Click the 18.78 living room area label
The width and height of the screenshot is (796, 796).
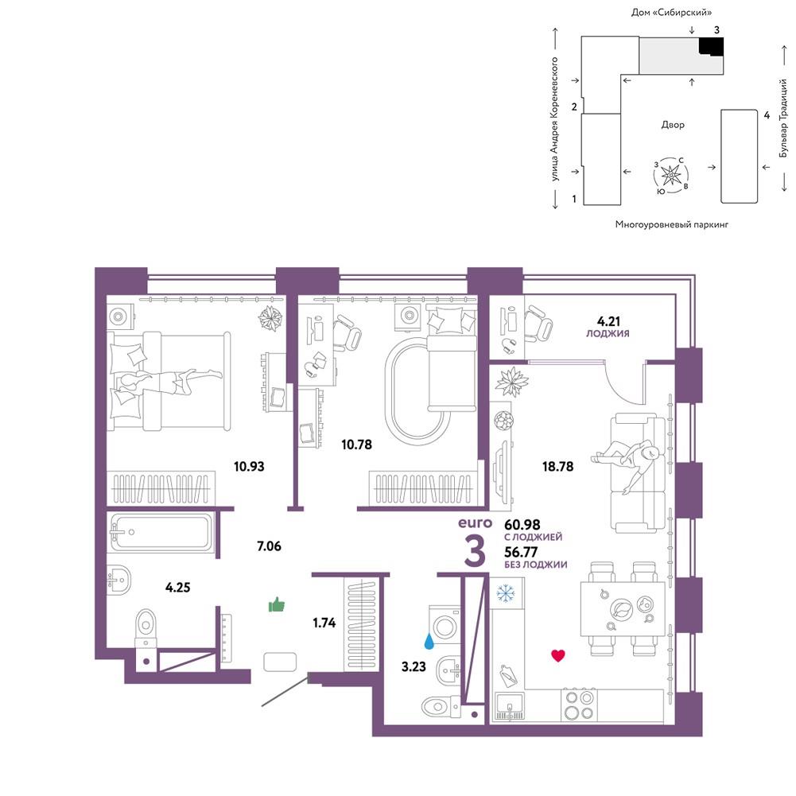(557, 466)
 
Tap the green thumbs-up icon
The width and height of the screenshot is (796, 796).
(277, 604)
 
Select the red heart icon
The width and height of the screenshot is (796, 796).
(558, 655)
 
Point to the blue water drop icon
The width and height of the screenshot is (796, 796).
(429, 641)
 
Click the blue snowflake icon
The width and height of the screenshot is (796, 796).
(506, 593)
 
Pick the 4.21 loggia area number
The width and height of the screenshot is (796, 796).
(608, 321)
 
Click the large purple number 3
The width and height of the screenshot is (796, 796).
(476, 551)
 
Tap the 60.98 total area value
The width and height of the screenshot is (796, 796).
(522, 524)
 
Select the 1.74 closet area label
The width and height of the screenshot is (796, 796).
(324, 623)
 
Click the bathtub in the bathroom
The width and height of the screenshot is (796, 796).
(159, 532)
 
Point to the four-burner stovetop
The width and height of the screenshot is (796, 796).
(579, 705)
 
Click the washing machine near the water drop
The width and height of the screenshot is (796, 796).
(445, 627)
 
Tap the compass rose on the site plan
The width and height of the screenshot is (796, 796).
(671, 176)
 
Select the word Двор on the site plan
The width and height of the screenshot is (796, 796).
(673, 125)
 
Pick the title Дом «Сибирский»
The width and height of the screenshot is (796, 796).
(671, 12)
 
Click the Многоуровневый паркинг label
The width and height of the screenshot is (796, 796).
(671, 224)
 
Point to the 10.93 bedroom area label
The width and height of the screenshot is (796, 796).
(249, 466)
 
